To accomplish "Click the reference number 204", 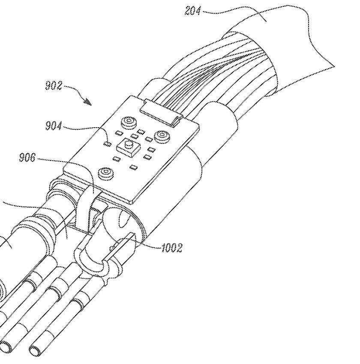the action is pyautogui.click(x=192, y=11).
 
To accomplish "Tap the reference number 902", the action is pyautogui.click(x=54, y=86).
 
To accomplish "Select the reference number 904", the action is pyautogui.click(x=54, y=126).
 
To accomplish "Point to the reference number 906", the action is pyautogui.click(x=27, y=158).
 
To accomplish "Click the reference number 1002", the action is pyautogui.click(x=171, y=248).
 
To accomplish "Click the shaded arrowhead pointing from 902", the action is pyautogui.click(x=88, y=101).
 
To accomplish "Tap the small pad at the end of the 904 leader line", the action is pyautogui.click(x=107, y=144).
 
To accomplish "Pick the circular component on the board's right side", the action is pyautogui.click(x=162, y=136).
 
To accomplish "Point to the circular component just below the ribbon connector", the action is pyautogui.click(x=129, y=122).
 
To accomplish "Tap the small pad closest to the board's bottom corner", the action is pyautogui.click(x=134, y=167).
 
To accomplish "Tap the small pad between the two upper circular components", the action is pyautogui.click(x=141, y=132).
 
